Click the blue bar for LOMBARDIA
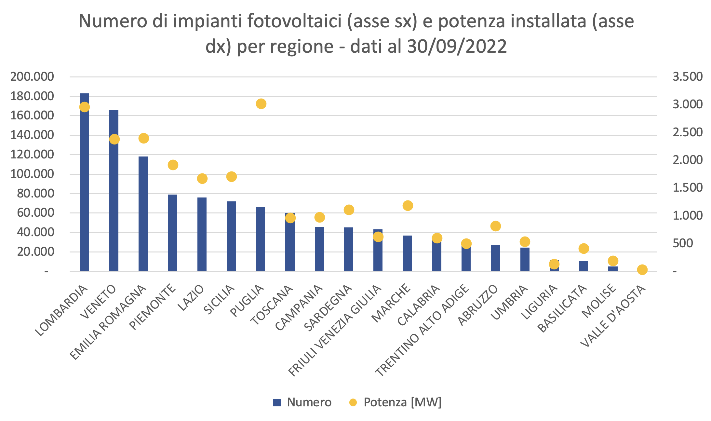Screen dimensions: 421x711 pyautogui.click(x=84, y=189)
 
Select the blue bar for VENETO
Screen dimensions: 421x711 pyautogui.click(x=114, y=195)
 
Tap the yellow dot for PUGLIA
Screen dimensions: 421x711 pyautogui.click(x=261, y=104)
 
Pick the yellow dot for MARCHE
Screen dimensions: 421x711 pyautogui.click(x=408, y=206)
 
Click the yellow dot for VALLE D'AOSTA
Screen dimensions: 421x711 pyautogui.click(x=642, y=269)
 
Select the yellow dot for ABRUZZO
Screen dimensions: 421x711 pyautogui.click(x=495, y=226)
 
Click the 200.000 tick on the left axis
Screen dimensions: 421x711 pyautogui.click(x=32, y=77)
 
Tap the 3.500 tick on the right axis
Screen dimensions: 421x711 pyautogui.click(x=687, y=77)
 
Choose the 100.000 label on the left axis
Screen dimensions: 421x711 pyautogui.click(x=32, y=174)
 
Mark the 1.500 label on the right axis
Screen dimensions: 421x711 pyautogui.click(x=687, y=188)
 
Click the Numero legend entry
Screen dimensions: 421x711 pyautogui.click(x=302, y=402)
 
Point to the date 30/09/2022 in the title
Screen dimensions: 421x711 pyautogui.click(x=457, y=46)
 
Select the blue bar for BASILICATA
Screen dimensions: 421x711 pyautogui.click(x=583, y=266)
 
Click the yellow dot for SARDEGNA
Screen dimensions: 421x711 pyautogui.click(x=349, y=210)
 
